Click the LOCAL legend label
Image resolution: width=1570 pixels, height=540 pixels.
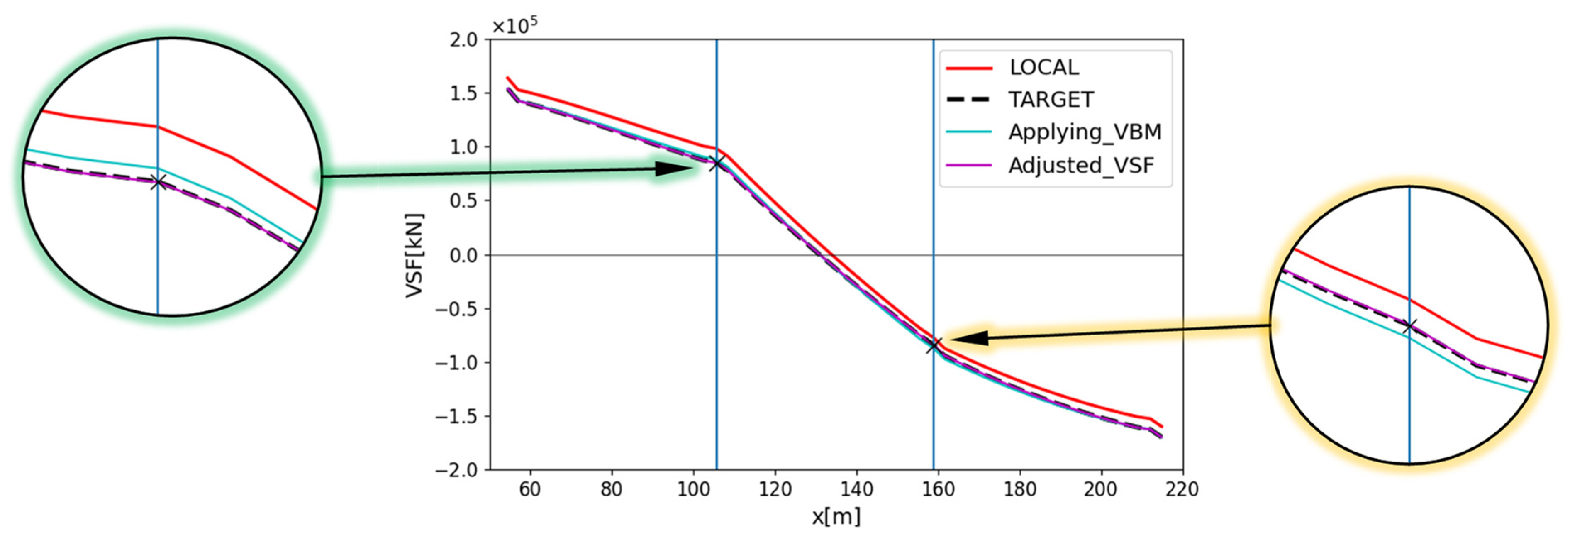[1043, 68]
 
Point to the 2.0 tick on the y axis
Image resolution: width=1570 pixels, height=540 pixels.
[464, 40]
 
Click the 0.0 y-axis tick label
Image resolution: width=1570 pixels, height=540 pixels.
[464, 255]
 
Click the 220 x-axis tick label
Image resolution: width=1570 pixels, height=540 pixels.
[1182, 489]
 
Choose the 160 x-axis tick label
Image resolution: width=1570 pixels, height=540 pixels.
[938, 489]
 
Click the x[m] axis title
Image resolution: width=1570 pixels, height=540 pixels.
[836, 517]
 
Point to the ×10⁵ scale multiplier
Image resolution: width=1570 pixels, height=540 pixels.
[514, 26]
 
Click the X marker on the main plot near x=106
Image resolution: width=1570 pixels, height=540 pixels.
[717, 163]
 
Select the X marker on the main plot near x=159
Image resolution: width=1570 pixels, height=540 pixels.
[934, 346]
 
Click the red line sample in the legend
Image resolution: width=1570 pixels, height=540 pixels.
[969, 68]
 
